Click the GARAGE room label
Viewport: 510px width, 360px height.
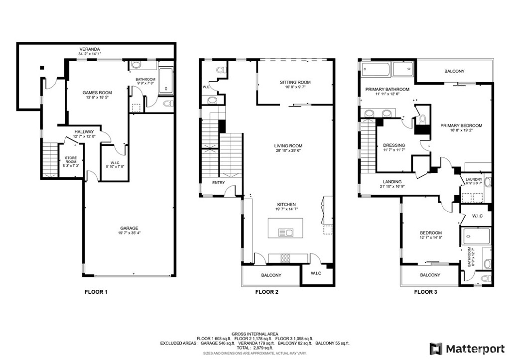pos(128,228)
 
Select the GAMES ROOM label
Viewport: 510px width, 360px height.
pos(97,93)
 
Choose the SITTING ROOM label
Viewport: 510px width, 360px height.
pos(295,82)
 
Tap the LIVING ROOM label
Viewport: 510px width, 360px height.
pos(288,146)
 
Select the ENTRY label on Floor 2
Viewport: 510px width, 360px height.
pos(218,183)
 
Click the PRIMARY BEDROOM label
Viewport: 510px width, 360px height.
pos(461,125)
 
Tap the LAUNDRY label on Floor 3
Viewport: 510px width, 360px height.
pos(474,179)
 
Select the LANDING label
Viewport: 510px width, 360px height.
pos(392,182)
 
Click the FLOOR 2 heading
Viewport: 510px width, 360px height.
pos(266,292)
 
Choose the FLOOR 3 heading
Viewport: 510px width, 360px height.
pos(425,292)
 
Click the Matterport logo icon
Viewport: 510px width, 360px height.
pos(436,348)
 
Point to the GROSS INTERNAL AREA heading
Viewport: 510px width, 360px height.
pos(255,334)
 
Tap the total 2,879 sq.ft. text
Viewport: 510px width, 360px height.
pos(255,348)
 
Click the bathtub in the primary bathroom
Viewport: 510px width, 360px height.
pos(375,69)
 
